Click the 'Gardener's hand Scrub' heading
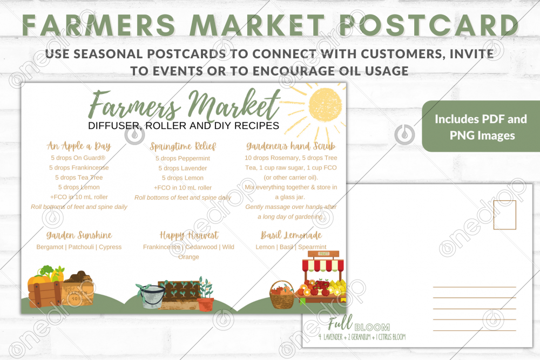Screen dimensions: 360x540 [291, 146]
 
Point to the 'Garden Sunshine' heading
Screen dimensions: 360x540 [79, 235]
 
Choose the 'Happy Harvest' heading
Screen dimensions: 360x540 [188, 235]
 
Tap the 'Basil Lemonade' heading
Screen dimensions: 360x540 [291, 235]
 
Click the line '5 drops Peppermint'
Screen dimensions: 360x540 [183, 159]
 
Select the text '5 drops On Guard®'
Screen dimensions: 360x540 [78, 158]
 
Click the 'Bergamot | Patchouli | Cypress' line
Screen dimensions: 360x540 [79, 247]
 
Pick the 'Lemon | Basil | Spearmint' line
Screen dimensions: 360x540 [291, 247]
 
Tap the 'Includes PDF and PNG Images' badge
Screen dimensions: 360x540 [481, 127]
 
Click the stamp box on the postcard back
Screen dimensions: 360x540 [504, 215]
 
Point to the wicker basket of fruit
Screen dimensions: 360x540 [282, 296]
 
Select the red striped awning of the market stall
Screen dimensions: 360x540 [323, 265]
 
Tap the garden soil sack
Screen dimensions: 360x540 [80, 289]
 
